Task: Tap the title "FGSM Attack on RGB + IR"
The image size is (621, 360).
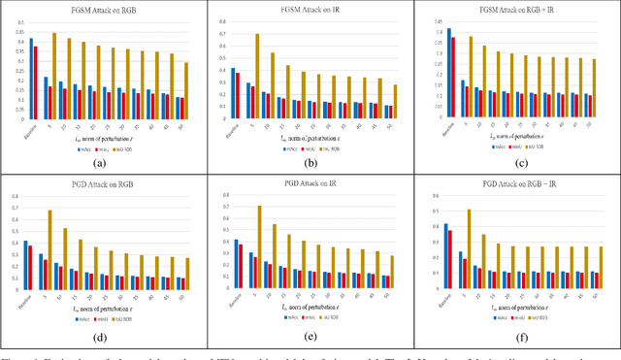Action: (515, 9)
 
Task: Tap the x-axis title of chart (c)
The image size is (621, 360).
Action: (515, 137)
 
